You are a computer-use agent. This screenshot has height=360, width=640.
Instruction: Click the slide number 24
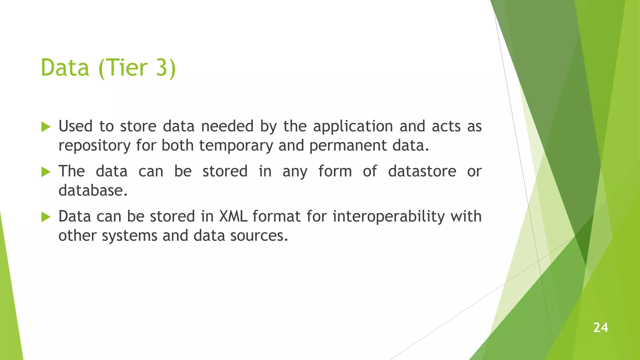[600, 327]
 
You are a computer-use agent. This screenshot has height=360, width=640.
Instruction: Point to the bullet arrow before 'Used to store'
[46, 127]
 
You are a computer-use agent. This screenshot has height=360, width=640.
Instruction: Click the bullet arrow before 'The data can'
[46, 172]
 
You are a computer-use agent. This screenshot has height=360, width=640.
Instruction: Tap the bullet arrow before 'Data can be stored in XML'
[46, 217]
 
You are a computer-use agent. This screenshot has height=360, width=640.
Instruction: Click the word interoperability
[388, 217]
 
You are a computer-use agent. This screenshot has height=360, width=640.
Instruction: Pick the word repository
[94, 146]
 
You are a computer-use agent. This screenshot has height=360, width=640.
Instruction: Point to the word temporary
[236, 146]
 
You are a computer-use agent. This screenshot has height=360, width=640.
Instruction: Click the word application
[353, 127]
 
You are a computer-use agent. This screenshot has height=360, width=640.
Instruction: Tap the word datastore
[422, 171]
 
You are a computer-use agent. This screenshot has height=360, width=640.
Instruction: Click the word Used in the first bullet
[76, 126]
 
